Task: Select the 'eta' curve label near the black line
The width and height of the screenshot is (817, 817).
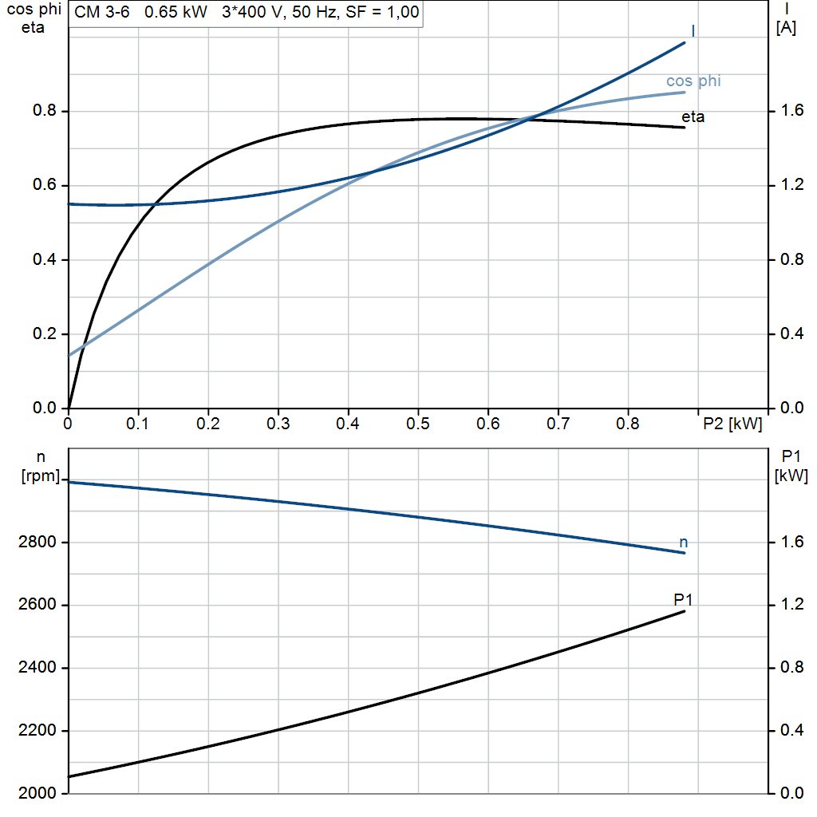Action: pos(693,117)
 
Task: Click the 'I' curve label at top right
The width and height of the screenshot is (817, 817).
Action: pos(693,30)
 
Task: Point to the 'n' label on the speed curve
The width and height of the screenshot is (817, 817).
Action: pos(683,543)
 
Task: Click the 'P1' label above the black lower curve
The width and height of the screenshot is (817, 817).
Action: pos(684,599)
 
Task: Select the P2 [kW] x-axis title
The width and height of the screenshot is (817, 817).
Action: pos(732,424)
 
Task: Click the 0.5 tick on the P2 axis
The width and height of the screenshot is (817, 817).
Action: pos(417,424)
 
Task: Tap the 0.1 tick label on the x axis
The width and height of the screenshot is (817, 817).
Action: pos(138,424)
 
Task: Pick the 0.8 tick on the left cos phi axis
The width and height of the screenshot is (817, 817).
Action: pos(44,111)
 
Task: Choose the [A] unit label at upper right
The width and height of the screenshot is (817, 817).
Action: pos(786,28)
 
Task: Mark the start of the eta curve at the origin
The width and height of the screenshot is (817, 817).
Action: pos(69,408)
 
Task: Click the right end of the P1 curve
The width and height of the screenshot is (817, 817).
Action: pos(685,611)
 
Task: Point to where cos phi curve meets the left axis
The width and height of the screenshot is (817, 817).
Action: pos(69,355)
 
